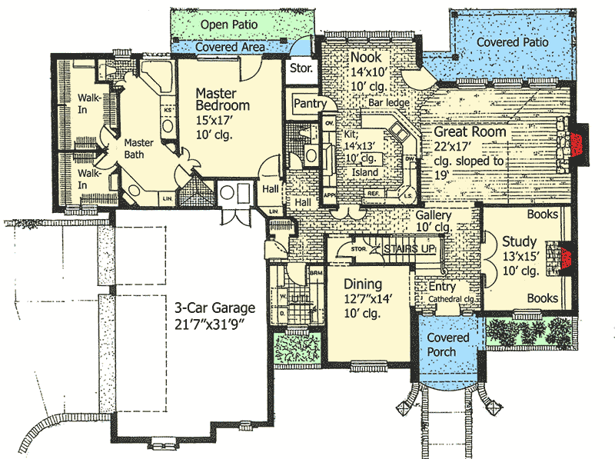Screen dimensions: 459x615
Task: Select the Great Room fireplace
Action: (571, 145)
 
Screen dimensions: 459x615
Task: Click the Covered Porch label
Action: (447, 345)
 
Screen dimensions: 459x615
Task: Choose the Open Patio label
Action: (228, 25)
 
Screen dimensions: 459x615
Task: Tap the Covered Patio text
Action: (512, 42)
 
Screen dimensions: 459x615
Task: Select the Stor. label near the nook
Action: (300, 68)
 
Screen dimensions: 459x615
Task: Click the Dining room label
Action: (362, 283)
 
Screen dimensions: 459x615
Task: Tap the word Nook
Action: (366, 58)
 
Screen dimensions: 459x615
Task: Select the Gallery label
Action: (433, 216)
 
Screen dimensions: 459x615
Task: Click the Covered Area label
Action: (230, 48)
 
